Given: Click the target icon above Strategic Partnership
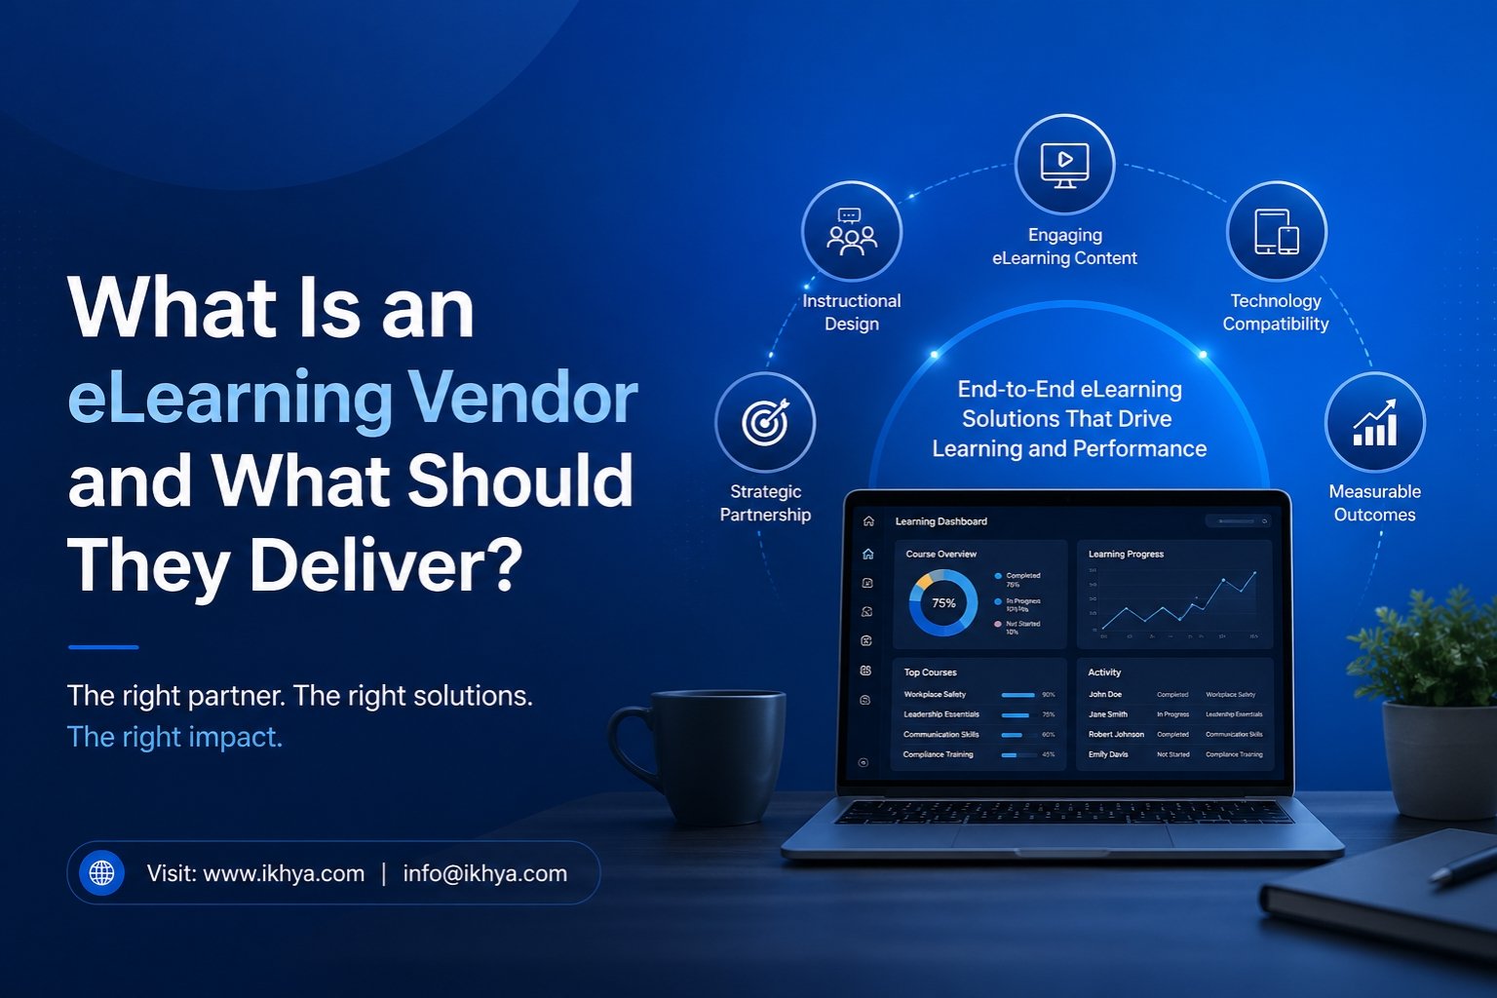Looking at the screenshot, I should click(765, 422).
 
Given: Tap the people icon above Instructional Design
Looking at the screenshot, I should click(851, 232).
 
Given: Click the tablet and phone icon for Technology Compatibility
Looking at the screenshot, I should click(1276, 232).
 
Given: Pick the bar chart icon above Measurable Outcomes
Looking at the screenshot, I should click(1374, 422).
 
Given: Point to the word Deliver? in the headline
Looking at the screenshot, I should click(386, 565).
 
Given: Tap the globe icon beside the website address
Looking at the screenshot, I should click(101, 872).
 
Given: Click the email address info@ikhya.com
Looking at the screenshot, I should click(484, 873).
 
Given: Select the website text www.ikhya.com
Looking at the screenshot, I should click(284, 873).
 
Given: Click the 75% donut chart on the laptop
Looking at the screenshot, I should click(942, 603).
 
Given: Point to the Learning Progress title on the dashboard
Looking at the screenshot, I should click(1126, 554).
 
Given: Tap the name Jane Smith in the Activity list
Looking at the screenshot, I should click(1107, 714).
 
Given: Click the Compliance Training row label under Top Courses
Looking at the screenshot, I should click(938, 754).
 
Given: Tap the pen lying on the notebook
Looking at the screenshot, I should click(1462, 864).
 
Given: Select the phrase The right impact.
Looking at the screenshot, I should click(174, 737).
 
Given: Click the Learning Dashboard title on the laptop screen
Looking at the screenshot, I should click(940, 521).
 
